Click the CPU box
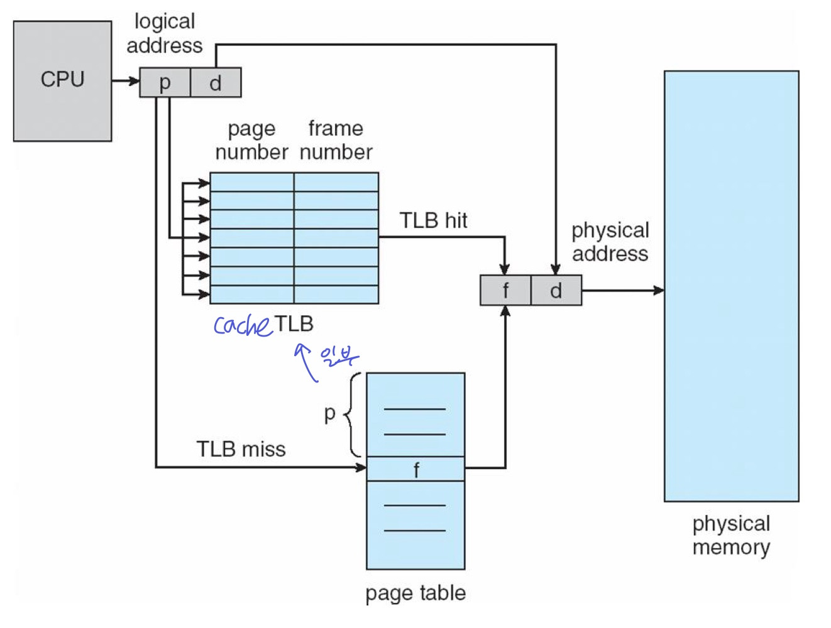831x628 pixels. (62, 81)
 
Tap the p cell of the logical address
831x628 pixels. (165, 82)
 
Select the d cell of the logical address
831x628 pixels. (216, 82)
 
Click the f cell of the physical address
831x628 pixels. (505, 290)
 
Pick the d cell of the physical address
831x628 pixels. (556, 290)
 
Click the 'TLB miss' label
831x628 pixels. (241, 449)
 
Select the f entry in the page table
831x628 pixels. (415, 469)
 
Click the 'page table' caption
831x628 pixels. (415, 593)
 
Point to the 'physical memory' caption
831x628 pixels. (732, 535)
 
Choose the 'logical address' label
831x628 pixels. (165, 33)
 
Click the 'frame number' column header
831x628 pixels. (336, 140)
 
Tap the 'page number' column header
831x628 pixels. (252, 141)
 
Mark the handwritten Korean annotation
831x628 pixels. (339, 357)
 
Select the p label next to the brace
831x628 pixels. (330, 414)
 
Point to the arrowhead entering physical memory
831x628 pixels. (659, 290)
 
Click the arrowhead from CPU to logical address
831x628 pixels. (135, 80)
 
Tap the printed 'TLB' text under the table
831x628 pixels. (294, 324)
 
